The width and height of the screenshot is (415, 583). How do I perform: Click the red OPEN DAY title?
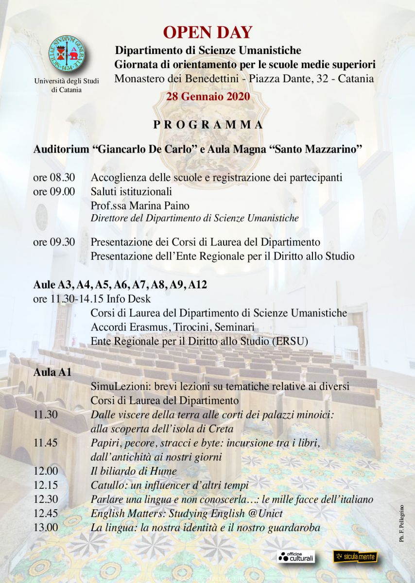tap(207, 32)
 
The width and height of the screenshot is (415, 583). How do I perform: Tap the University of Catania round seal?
tap(66, 54)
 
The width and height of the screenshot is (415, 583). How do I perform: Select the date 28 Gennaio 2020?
tap(208, 96)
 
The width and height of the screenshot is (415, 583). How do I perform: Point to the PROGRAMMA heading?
tap(208, 125)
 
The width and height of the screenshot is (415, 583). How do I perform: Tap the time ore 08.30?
tap(54, 178)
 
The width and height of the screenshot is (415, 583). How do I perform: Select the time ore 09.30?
tap(54, 242)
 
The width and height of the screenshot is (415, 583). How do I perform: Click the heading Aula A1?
tap(52, 373)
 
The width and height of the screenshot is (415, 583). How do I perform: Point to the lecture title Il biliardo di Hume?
tap(134, 471)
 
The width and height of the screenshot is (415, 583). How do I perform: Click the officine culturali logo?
tap(296, 557)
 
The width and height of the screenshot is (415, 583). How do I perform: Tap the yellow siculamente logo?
tap(355, 557)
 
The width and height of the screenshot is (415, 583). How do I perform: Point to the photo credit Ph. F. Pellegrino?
tap(402, 530)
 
